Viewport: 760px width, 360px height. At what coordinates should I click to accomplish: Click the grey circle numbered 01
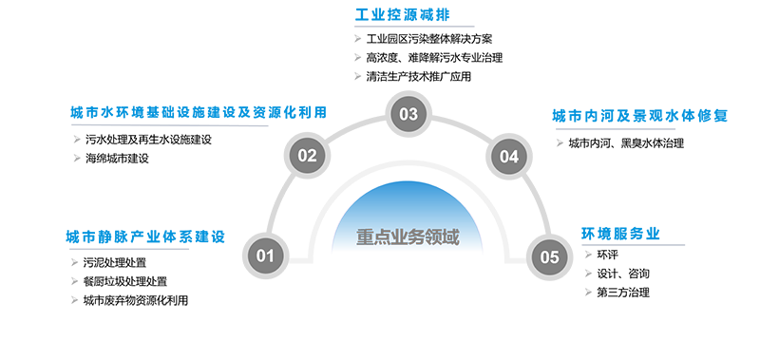click(x=265, y=255)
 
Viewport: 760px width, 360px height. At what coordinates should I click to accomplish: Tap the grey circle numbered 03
click(x=408, y=115)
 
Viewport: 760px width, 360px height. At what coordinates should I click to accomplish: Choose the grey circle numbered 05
click(x=549, y=256)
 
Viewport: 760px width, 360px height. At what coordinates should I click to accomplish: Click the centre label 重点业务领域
click(x=408, y=237)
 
